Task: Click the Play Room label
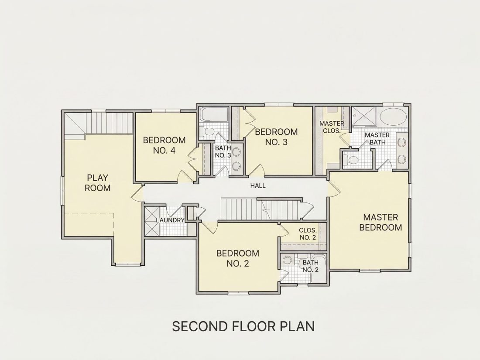coord(97,183)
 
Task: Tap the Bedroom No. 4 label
coord(164,145)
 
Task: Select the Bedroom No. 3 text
coord(276,137)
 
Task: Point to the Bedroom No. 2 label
coord(237,258)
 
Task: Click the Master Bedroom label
coord(381,222)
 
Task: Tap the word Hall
coord(258,185)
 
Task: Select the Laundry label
coord(170,220)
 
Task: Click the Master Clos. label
coord(332,127)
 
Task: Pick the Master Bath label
coord(377,139)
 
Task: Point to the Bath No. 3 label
coord(223,151)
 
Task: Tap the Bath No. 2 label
coord(310,266)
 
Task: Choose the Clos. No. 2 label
coord(308,233)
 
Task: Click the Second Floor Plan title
coord(243,326)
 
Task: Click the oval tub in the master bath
coord(393,117)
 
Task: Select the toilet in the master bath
coord(352,160)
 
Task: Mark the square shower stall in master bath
coord(364,116)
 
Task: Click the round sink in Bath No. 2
coord(287,260)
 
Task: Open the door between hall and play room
coord(137,193)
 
